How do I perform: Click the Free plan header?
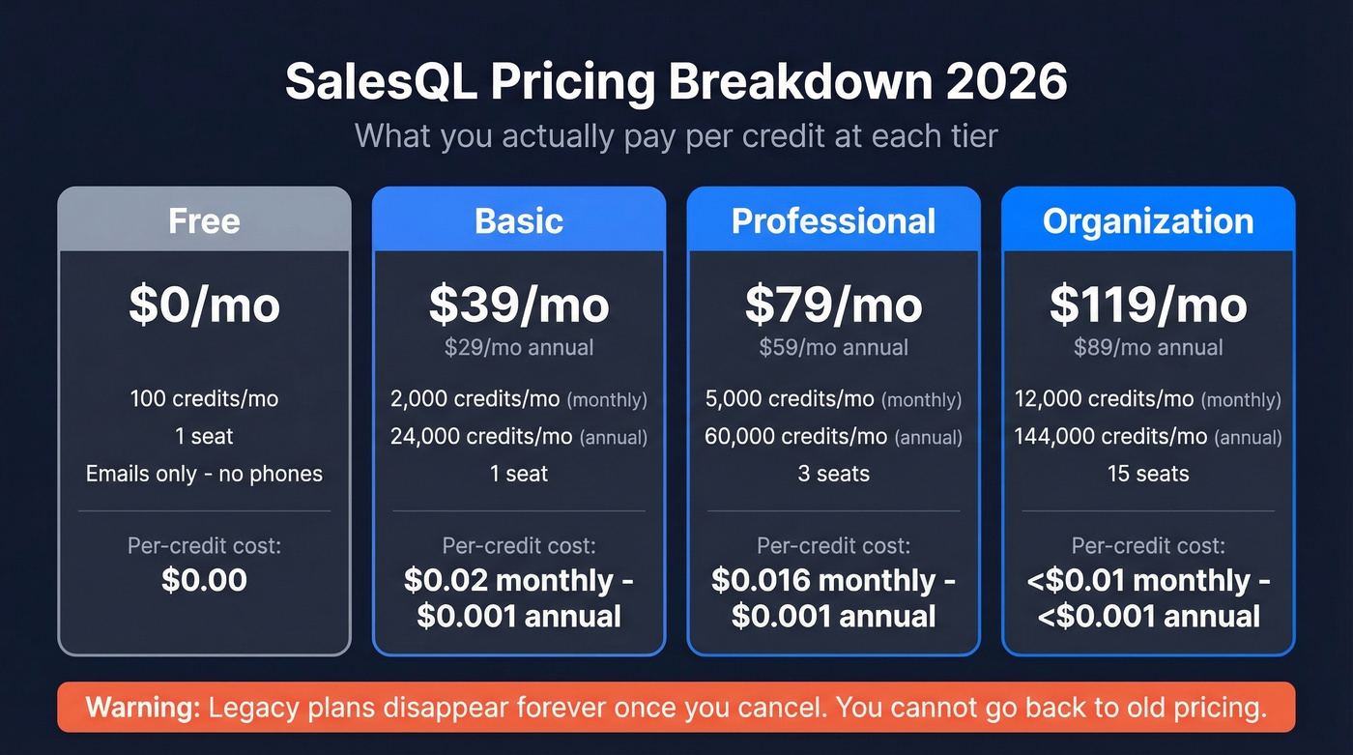pyautogui.click(x=204, y=221)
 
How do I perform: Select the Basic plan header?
pyautogui.click(x=519, y=221)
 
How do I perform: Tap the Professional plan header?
pyautogui.click(x=833, y=221)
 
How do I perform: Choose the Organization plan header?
pyautogui.click(x=1148, y=221)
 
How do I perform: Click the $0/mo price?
pyautogui.click(x=204, y=305)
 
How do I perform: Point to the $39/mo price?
pyautogui.click(x=519, y=305)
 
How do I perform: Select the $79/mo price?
pyautogui.click(x=833, y=305)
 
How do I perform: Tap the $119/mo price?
pyautogui.click(x=1148, y=305)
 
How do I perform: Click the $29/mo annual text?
pyautogui.click(x=519, y=347)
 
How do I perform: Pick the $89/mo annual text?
pyautogui.click(x=1148, y=347)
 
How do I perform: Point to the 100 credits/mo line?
pyautogui.click(x=204, y=398)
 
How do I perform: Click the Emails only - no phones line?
pyautogui.click(x=204, y=474)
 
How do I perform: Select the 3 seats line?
pyautogui.click(x=833, y=474)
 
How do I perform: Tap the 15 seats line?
pyautogui.click(x=1148, y=474)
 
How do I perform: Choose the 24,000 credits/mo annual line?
pyautogui.click(x=519, y=436)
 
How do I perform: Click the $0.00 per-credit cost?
pyautogui.click(x=204, y=580)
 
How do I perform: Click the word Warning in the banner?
pyautogui.click(x=142, y=708)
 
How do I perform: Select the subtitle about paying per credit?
pyautogui.click(x=676, y=135)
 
